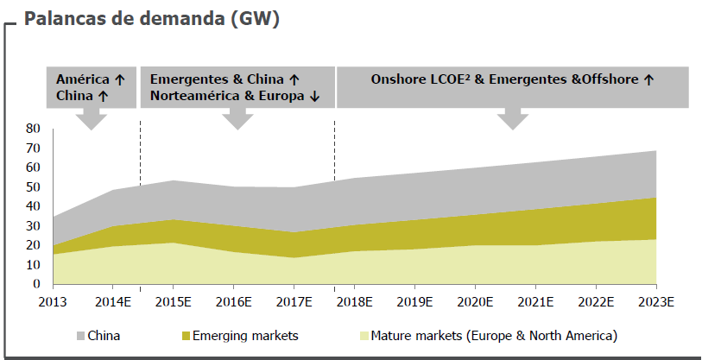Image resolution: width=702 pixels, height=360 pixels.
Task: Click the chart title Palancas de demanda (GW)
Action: [x=151, y=19]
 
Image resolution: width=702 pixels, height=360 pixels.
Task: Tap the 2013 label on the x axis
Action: [x=53, y=302]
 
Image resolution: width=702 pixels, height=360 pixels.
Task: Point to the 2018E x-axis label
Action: [x=354, y=302]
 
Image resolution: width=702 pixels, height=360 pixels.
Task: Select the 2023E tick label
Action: [x=656, y=302]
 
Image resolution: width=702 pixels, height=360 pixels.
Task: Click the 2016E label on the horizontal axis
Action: [x=233, y=302]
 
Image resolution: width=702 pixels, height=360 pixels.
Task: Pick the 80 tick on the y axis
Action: [x=33, y=128]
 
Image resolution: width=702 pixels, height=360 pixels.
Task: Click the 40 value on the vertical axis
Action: [x=33, y=205]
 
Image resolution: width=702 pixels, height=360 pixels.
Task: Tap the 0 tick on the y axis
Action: [x=36, y=284]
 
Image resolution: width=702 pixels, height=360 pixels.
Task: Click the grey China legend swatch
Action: [x=80, y=335]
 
